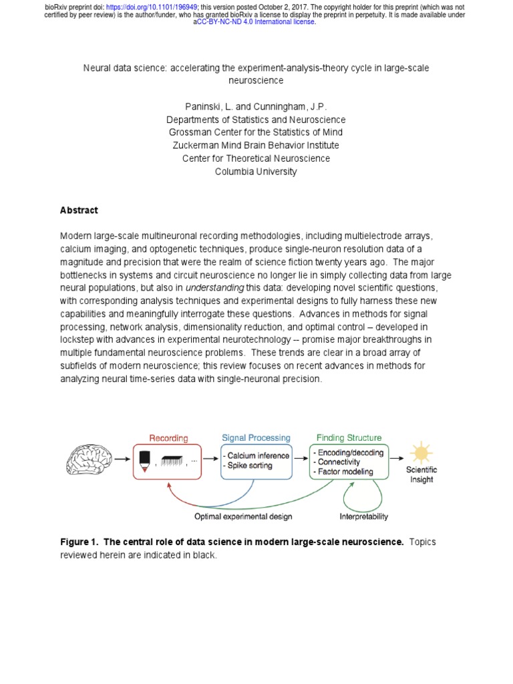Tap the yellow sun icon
[421, 453]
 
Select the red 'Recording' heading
[168, 438]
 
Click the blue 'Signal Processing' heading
[256, 438]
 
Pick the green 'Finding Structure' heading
[349, 438]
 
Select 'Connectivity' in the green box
[340, 462]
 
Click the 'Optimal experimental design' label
[243, 516]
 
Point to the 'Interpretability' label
[363, 516]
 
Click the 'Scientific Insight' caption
[421, 474]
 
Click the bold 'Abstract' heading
[79, 210]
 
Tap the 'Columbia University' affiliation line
[256, 172]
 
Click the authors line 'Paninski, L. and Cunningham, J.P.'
[256, 107]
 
